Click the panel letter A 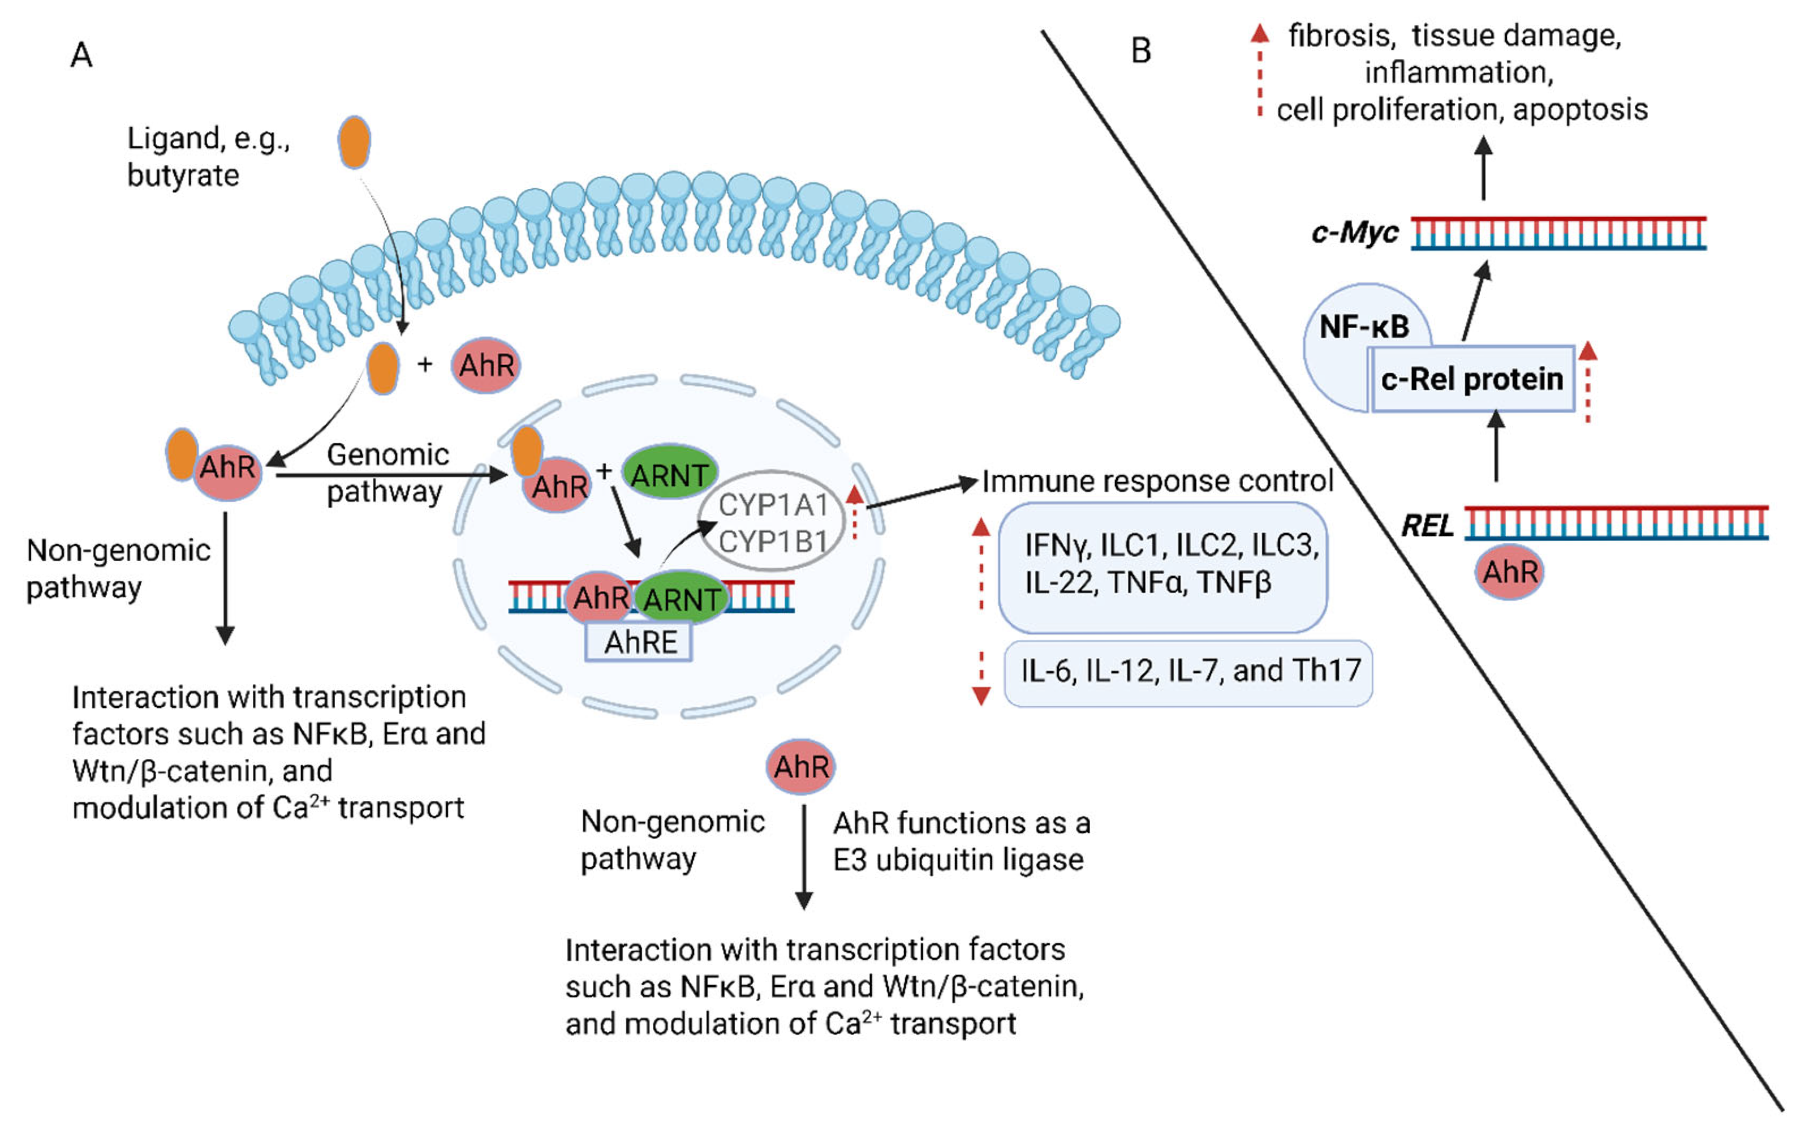tap(81, 54)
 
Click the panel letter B tap(1140, 51)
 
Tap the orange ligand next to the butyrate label tap(354, 141)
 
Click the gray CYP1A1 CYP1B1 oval tap(772, 521)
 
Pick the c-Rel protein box tap(1472, 379)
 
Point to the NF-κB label tap(1364, 327)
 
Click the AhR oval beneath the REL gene tap(1509, 572)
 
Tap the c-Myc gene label tap(1354, 233)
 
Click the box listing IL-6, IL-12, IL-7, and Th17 tap(1188, 672)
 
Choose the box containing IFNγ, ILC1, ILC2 tap(1163, 566)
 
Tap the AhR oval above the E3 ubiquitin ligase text tap(800, 766)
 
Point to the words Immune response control tap(1158, 481)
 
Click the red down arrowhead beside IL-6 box tap(981, 696)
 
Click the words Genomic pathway tap(387, 473)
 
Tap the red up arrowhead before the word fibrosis tap(1260, 32)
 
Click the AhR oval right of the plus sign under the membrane tap(486, 365)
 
